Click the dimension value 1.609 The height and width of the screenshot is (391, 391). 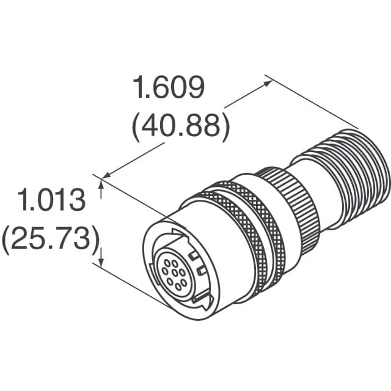pyautogui.click(x=168, y=90)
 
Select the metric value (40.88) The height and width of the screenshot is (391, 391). pyautogui.click(x=180, y=126)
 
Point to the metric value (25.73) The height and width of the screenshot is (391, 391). pyautogui.click(x=50, y=239)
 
